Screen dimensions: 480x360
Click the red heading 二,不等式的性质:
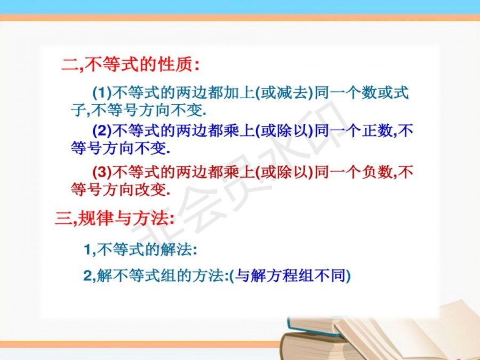tap(130, 65)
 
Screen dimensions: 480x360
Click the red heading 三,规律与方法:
tap(115, 218)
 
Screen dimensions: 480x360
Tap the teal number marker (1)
tap(102, 92)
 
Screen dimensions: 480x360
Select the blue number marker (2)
tap(102, 131)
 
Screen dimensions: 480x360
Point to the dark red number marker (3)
tap(102, 172)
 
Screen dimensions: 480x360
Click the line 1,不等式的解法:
tap(140, 250)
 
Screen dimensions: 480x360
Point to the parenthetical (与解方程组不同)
tap(290, 276)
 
